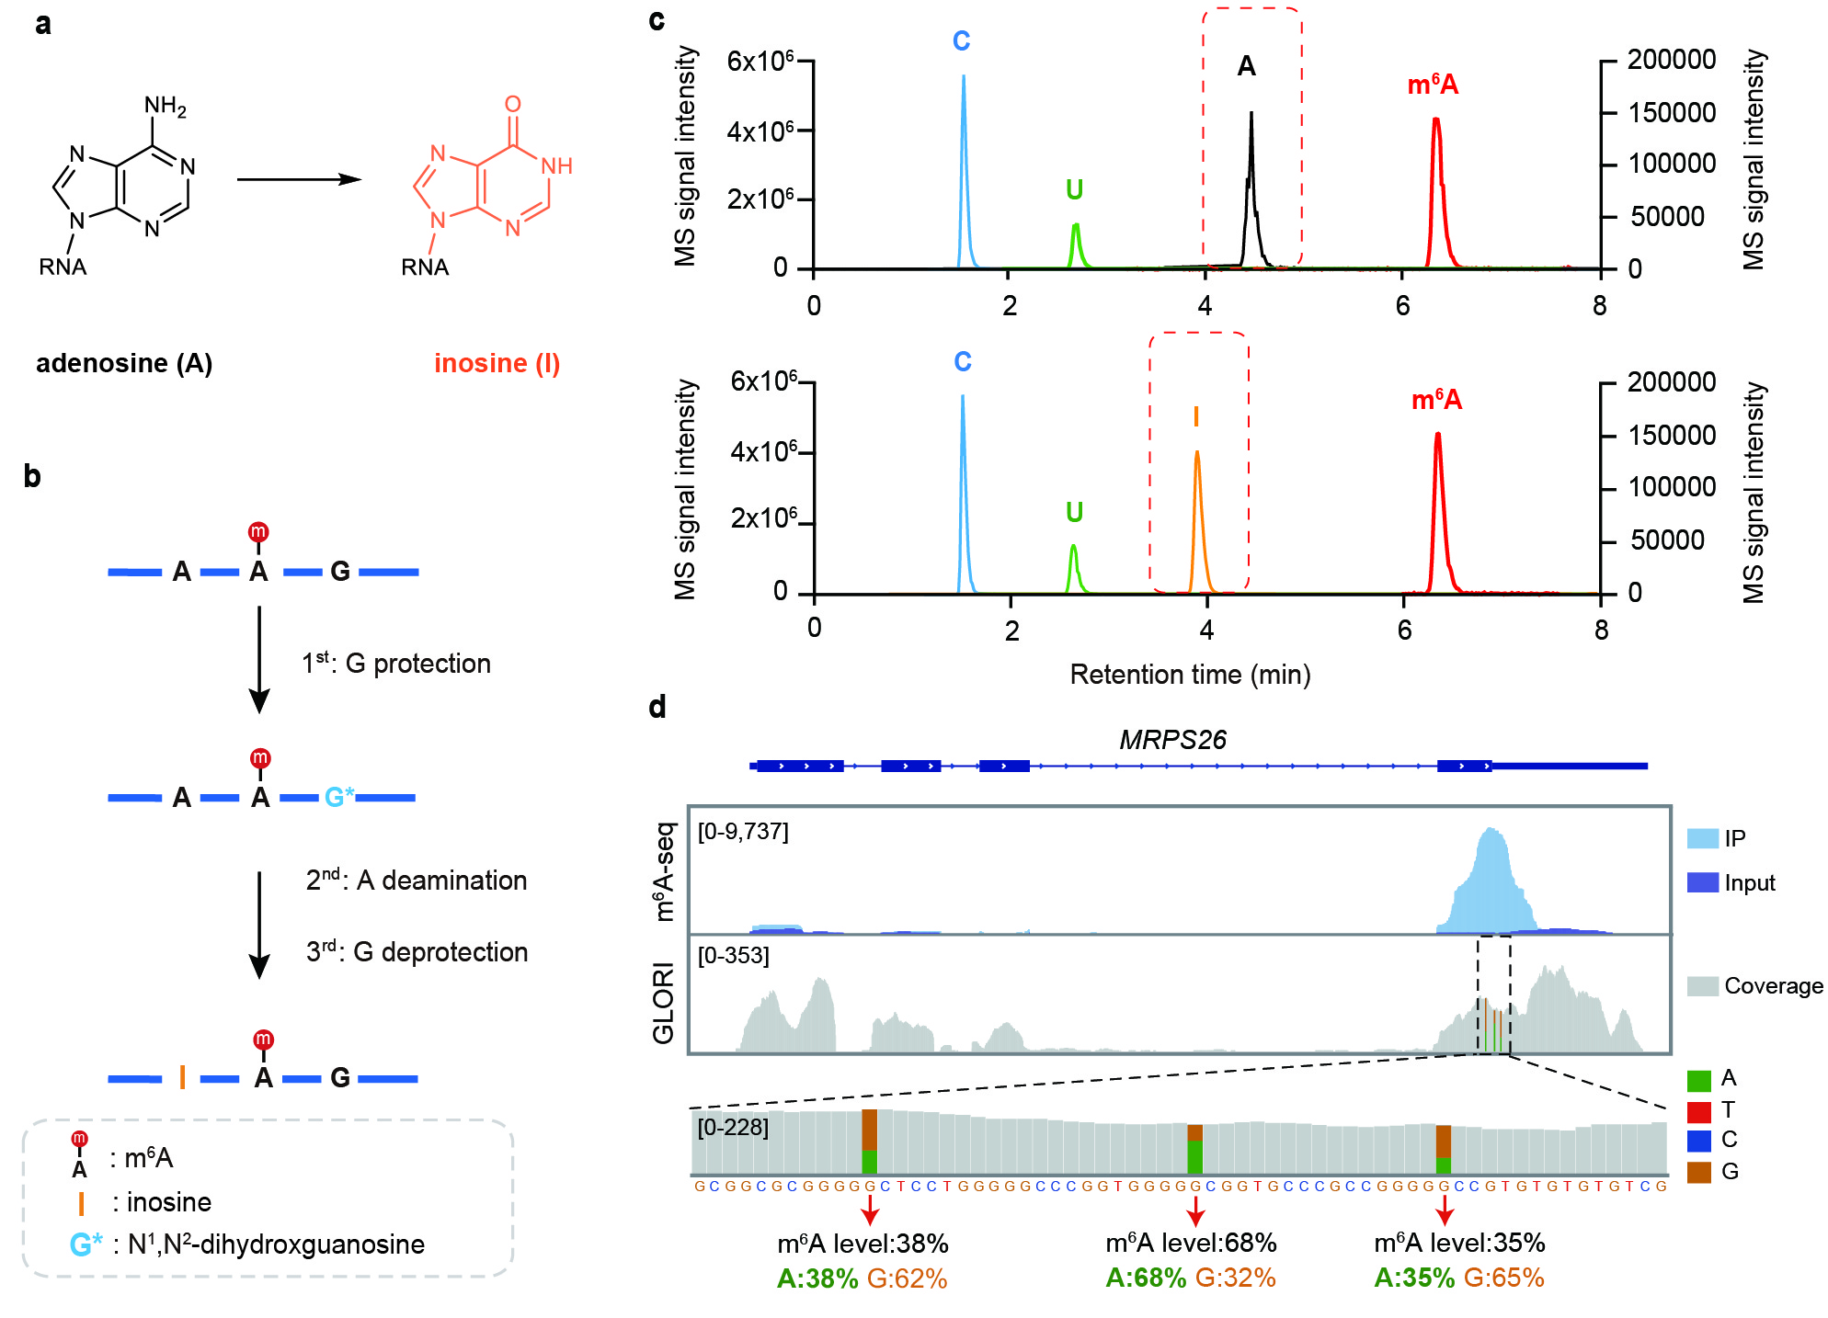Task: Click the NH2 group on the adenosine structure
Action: [x=166, y=107]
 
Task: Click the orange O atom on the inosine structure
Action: [x=512, y=105]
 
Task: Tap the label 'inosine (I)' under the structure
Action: [x=497, y=363]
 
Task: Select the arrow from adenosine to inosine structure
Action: [x=299, y=179]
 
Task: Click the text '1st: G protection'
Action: [x=396, y=663]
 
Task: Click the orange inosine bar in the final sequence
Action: [x=183, y=1077]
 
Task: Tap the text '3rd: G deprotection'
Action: [x=417, y=951]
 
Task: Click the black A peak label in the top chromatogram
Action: [x=1246, y=66]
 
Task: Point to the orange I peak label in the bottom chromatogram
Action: [x=1195, y=417]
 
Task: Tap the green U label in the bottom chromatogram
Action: [x=1074, y=512]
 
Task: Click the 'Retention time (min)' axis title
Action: [x=1190, y=675]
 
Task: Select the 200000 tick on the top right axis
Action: [x=1671, y=60]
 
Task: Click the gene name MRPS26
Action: [x=1172, y=739]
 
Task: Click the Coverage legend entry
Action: [x=1773, y=986]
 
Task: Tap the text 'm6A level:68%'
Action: [x=1191, y=1243]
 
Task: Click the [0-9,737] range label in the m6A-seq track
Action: [x=743, y=832]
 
